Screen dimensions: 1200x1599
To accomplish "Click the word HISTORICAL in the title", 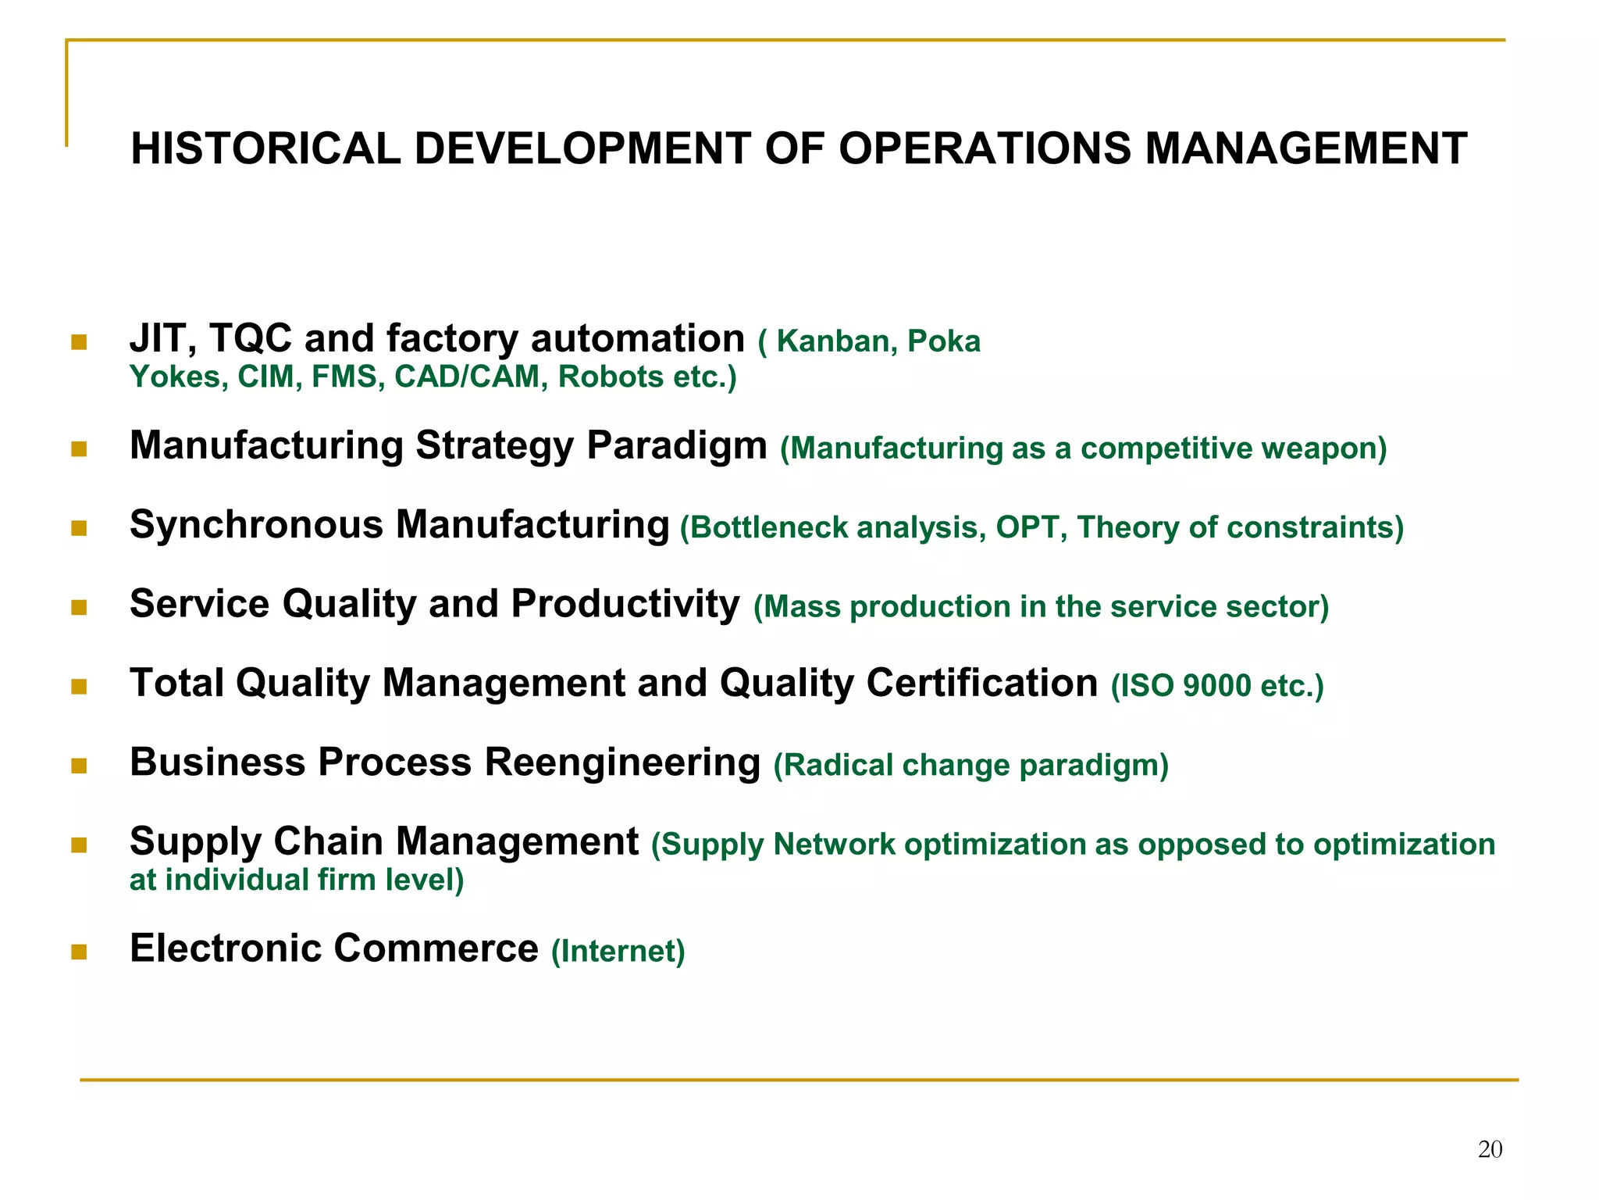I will tap(265, 148).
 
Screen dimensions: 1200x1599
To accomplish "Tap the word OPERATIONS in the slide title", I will tap(984, 148).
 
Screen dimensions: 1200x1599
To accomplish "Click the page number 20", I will tap(1490, 1149).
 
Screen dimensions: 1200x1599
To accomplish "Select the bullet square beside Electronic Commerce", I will tap(79, 951).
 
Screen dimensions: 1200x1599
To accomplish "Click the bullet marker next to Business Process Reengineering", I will tap(79, 765).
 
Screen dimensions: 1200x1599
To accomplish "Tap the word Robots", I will tap(611, 377).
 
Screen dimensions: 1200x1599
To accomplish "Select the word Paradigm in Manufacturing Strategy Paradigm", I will tap(676, 446).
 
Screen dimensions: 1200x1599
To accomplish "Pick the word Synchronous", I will tap(256, 524).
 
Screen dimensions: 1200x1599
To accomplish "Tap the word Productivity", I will tap(625, 604).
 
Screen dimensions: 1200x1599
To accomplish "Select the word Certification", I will tap(981, 683).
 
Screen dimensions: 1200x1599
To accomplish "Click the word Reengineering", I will tap(622, 762).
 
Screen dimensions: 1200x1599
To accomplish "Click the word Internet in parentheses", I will tap(618, 952).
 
